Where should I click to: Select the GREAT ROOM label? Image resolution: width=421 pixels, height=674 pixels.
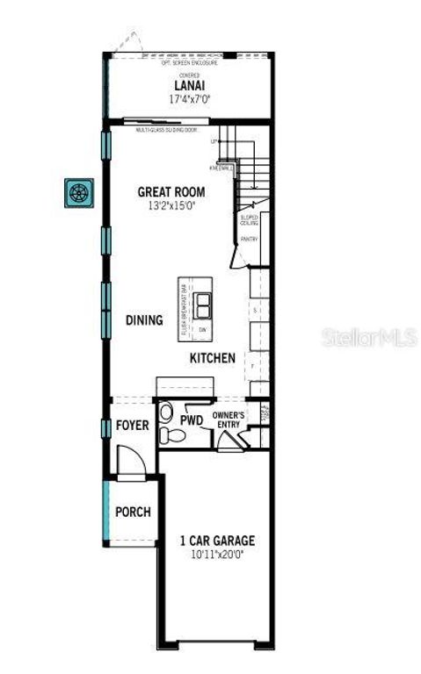click(x=171, y=192)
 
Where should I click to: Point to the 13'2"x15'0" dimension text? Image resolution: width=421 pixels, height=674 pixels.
click(x=171, y=205)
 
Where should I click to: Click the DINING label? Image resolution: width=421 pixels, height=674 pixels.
click(x=144, y=320)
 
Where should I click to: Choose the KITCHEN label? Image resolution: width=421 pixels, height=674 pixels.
click(x=213, y=358)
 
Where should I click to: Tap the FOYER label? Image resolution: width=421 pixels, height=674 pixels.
click(x=133, y=426)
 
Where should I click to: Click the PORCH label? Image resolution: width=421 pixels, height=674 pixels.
click(x=133, y=512)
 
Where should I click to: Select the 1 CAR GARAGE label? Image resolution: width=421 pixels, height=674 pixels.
click(x=217, y=541)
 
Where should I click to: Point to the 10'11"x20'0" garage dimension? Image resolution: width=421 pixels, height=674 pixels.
click(x=217, y=555)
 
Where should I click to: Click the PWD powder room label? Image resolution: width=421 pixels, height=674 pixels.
click(x=192, y=421)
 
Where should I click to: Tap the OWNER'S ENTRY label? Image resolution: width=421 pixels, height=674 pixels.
click(x=229, y=419)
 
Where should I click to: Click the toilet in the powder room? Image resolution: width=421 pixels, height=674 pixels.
click(x=166, y=414)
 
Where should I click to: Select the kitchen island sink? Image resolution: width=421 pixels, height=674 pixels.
click(x=203, y=305)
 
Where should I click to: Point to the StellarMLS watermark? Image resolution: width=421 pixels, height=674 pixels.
click(x=369, y=337)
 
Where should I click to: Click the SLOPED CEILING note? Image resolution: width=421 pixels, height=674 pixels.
click(x=249, y=220)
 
